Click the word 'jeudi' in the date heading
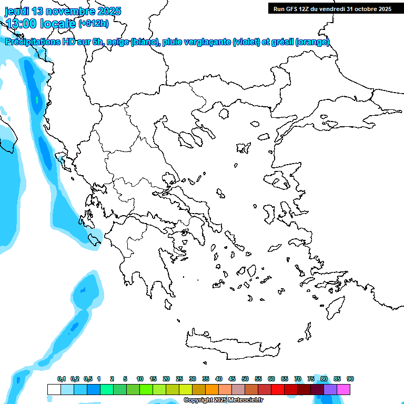(x=17, y=11)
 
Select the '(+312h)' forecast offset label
(x=93, y=23)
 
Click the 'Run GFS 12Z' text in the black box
(x=292, y=9)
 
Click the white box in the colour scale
(x=54, y=389)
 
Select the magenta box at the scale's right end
(x=344, y=389)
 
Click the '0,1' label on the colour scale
(x=62, y=379)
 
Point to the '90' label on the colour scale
(x=350, y=379)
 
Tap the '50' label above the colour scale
(x=245, y=379)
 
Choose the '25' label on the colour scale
(x=179, y=379)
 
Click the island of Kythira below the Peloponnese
(x=168, y=305)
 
